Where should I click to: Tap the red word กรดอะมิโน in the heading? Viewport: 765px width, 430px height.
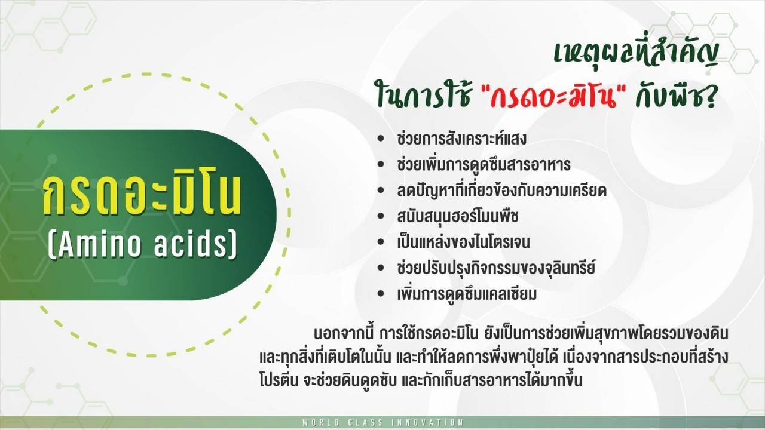pyautogui.click(x=553, y=95)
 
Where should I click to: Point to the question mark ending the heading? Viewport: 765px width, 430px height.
pyautogui.click(x=708, y=96)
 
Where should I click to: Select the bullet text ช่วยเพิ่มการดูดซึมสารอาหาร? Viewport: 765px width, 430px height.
pyautogui.click(x=484, y=164)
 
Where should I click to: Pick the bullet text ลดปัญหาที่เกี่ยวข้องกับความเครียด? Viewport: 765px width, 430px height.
pyautogui.click(x=501, y=191)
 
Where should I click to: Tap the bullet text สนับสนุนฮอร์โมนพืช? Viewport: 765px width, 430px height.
pyautogui.click(x=458, y=216)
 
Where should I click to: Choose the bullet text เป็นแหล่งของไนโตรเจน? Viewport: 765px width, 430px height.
pyautogui.click(x=463, y=242)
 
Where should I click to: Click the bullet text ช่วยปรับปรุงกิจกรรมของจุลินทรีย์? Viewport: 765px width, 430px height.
pyautogui.click(x=496, y=268)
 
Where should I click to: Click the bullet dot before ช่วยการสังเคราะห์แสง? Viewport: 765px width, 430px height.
pyautogui.click(x=381, y=139)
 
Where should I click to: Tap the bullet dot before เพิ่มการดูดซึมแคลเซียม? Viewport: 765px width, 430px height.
pyautogui.click(x=381, y=295)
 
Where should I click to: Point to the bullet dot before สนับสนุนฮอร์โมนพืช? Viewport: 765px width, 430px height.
pyautogui.click(x=381, y=217)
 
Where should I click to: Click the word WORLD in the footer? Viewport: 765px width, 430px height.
pyautogui.click(x=321, y=423)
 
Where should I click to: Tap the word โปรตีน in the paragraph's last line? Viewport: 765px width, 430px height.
pyautogui.click(x=279, y=380)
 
